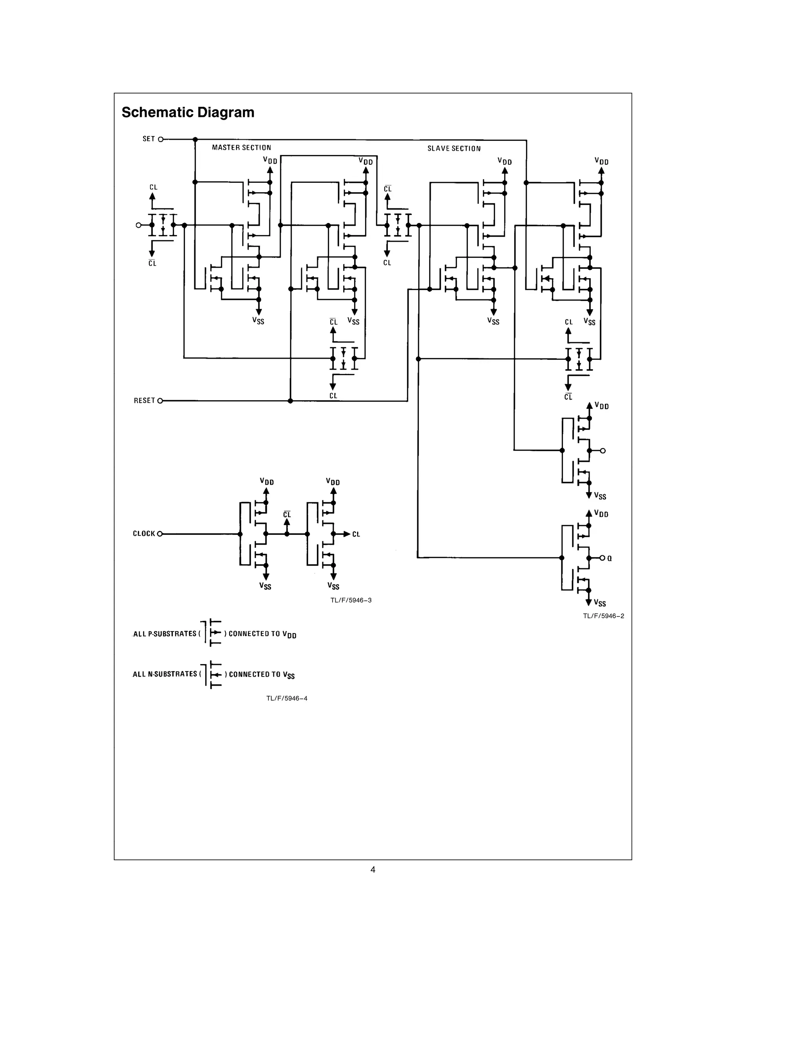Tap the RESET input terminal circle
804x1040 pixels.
pyautogui.click(x=160, y=401)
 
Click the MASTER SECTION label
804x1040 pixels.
pyautogui.click(x=241, y=148)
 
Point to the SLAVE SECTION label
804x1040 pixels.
pyautogui.click(x=453, y=149)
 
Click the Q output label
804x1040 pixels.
pyautogui.click(x=610, y=558)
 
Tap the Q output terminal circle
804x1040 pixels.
pyautogui.click(x=603, y=558)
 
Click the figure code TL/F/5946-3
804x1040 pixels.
pyautogui.click(x=351, y=600)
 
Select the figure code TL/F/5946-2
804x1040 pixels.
pyautogui.click(x=603, y=616)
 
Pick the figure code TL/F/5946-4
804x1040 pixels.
pyautogui.click(x=286, y=699)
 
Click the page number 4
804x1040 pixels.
pyautogui.click(x=373, y=870)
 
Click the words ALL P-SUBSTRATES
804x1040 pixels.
pyautogui.click(x=165, y=634)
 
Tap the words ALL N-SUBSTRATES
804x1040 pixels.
pyautogui.click(x=165, y=674)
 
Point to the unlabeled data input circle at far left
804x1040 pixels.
pyautogui.click(x=139, y=225)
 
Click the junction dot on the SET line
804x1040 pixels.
pyautogui.click(x=195, y=140)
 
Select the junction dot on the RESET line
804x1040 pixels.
pyautogui.click(x=290, y=401)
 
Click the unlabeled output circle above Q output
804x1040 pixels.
pyautogui.click(x=603, y=451)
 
